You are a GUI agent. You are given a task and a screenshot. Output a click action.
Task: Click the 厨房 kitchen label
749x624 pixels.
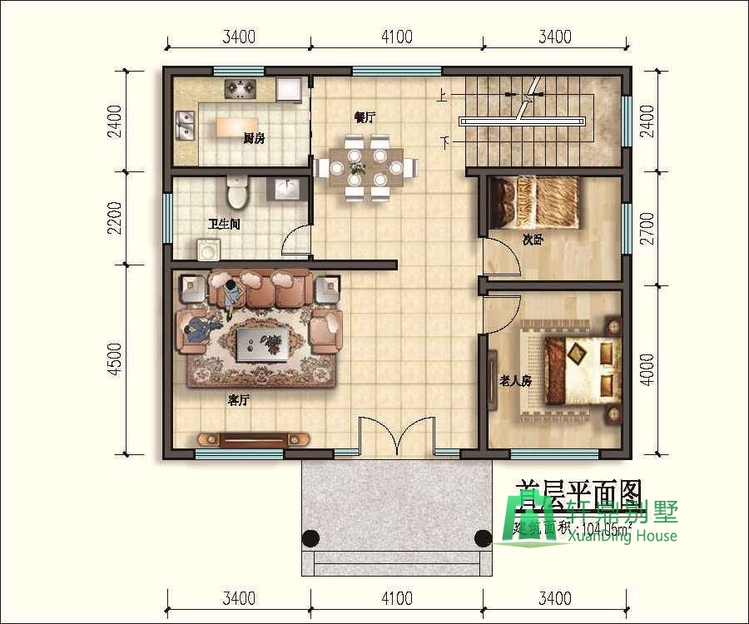click(x=254, y=139)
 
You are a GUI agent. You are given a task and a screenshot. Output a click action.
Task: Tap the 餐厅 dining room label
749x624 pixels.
click(x=365, y=117)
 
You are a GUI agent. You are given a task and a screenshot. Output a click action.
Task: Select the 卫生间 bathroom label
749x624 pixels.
click(x=224, y=224)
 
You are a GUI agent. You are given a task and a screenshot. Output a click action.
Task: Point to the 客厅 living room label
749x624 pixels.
click(x=239, y=400)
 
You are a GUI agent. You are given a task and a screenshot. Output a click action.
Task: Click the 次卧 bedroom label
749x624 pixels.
click(x=533, y=240)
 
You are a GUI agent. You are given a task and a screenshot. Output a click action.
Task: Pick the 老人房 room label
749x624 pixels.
click(x=515, y=380)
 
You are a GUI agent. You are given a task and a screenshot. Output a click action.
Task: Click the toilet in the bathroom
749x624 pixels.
click(x=237, y=193)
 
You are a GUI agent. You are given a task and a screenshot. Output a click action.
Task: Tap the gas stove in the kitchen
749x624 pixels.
click(x=241, y=86)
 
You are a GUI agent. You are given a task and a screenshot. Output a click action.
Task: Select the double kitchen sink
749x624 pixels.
click(x=185, y=127)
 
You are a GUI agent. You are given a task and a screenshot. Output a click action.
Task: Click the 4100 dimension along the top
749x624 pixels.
click(x=397, y=37)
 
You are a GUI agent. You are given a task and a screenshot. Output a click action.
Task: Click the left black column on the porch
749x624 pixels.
click(x=310, y=537)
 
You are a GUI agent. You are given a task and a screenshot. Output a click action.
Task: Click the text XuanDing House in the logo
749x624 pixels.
click(x=623, y=537)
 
